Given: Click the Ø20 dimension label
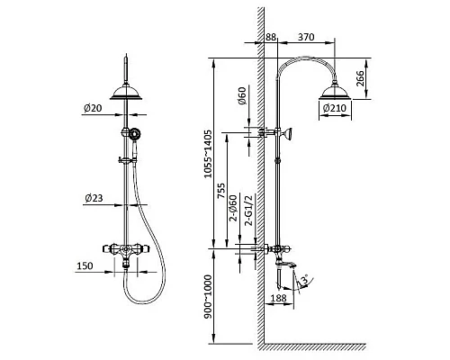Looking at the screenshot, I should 91,108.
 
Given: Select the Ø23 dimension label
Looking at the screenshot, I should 91,197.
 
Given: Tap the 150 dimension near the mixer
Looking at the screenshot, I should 86,266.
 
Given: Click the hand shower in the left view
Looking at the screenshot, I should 135,135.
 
